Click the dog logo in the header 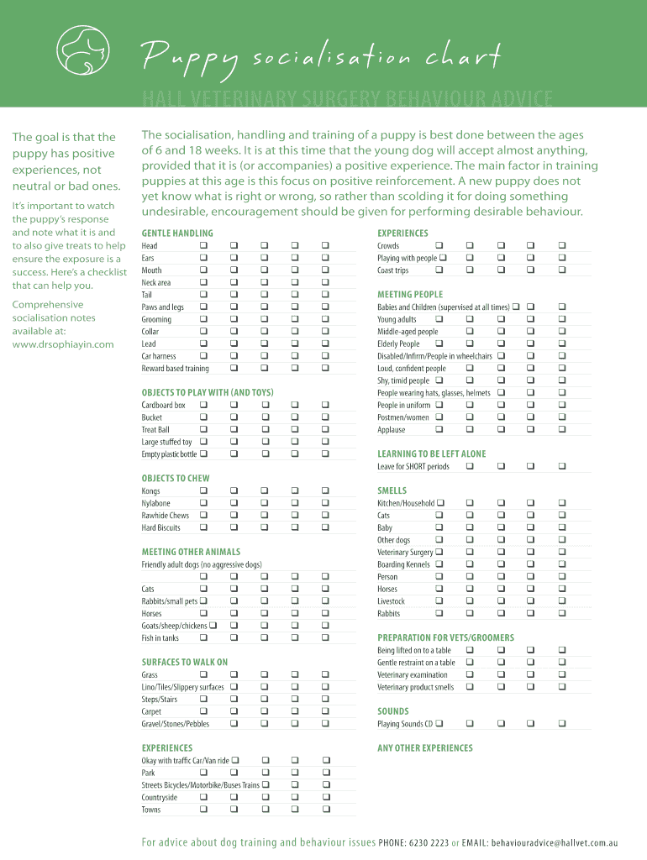click(82, 54)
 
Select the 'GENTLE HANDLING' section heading click(177, 233)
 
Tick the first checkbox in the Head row click(203, 245)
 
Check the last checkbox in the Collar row click(325, 332)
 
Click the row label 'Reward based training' click(175, 368)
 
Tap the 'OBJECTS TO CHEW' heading click(176, 478)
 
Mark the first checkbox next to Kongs click(203, 490)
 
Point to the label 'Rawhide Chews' click(166, 515)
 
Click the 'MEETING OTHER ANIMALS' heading click(191, 552)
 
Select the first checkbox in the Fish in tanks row click(203, 637)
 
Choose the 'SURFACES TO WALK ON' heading click(184, 662)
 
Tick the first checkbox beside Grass click(203, 674)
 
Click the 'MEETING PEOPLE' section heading click(410, 294)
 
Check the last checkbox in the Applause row click(561, 429)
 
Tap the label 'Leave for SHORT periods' click(413, 466)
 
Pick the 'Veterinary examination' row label click(413, 674)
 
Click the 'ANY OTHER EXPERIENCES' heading click(425, 747)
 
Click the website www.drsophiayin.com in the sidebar click(63, 344)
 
